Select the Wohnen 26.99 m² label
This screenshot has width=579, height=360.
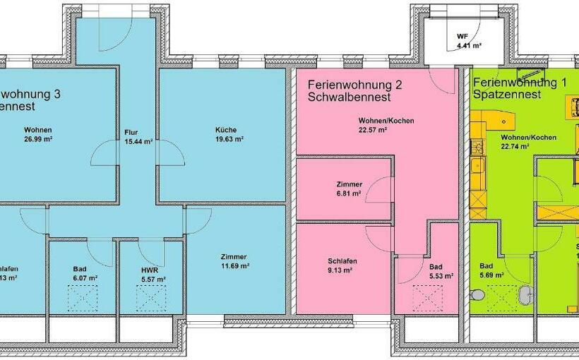(38, 134)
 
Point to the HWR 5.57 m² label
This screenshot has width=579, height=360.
(153, 275)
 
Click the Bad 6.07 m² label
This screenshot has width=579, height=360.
(83, 274)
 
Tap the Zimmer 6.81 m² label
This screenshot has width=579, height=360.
(349, 188)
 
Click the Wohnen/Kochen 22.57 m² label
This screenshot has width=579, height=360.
(386, 125)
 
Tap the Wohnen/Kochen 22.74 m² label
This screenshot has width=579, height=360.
(528, 141)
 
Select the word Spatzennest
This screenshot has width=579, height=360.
(507, 94)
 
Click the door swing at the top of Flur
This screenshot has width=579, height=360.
(113, 32)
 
